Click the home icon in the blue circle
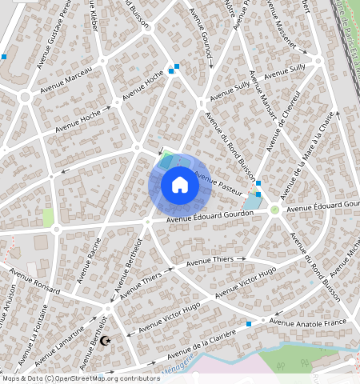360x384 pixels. [180, 185]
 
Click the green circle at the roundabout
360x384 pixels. [274, 210]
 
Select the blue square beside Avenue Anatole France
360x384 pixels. [249, 324]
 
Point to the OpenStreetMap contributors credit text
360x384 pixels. [80, 378]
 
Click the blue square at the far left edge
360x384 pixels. [4, 57]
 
